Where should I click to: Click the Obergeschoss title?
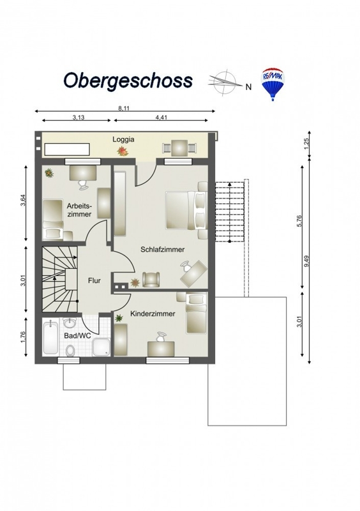[128, 80]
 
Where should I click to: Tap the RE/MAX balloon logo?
[273, 84]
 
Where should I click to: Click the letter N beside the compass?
[248, 87]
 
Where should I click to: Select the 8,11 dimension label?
[124, 109]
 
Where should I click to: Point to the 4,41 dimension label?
[161, 118]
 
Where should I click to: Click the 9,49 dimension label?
[306, 261]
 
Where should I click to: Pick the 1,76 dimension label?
[22, 338]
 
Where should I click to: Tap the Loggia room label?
[123, 139]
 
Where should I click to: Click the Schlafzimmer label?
[163, 249]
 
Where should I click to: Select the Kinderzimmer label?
[153, 314]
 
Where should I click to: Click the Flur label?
[94, 280]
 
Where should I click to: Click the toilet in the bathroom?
[70, 350]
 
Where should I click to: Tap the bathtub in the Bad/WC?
[51, 338]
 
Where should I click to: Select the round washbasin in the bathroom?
[70, 323]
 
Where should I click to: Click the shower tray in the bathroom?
[101, 347]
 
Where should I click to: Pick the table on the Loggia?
[179, 148]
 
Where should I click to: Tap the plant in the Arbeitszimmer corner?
[50, 173]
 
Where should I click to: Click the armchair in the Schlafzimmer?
[151, 280]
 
